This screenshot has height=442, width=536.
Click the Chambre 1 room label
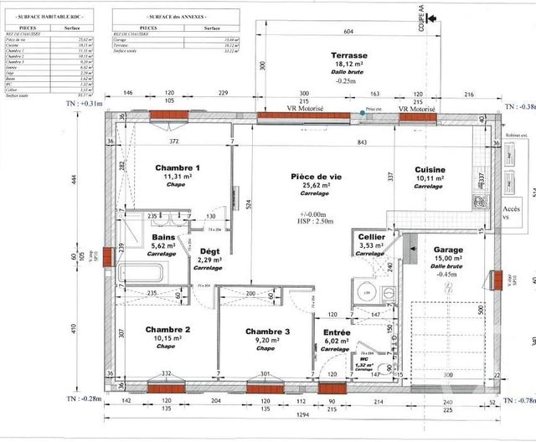pos(178,168)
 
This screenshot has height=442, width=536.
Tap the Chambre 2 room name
pos(168,329)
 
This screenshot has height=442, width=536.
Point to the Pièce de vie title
pos(317,177)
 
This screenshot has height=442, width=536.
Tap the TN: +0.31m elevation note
pos(82,103)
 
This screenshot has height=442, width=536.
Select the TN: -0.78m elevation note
pos(519,400)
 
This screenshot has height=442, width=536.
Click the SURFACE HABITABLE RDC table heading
pos(54,17)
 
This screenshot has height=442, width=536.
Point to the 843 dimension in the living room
pos(361,142)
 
